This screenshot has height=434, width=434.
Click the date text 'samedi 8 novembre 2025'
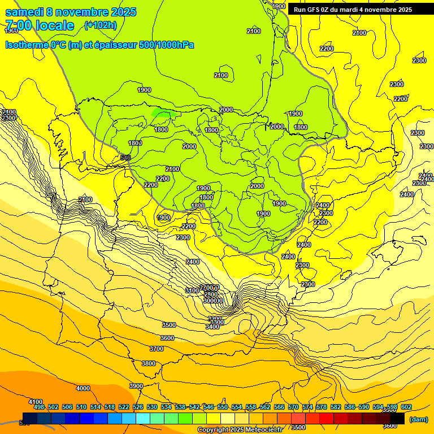(x=71, y=12)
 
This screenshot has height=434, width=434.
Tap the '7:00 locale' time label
(x=40, y=25)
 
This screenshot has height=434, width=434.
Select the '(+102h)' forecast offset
(x=100, y=25)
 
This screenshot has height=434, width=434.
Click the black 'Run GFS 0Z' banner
(x=353, y=10)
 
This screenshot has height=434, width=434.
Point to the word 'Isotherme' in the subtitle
(x=26, y=45)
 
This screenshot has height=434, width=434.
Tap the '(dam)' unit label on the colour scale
(x=418, y=419)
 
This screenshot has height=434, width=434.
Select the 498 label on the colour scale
(x=39, y=407)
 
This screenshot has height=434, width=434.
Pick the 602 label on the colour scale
(x=406, y=407)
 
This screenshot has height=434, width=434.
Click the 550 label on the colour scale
(x=223, y=407)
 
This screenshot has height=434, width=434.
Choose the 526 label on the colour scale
(x=138, y=407)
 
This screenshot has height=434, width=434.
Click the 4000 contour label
(x=83, y=388)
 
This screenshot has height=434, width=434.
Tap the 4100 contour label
(x=36, y=401)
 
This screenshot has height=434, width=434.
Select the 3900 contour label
(x=136, y=386)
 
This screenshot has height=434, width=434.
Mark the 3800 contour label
(x=149, y=363)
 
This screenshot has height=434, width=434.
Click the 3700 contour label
(x=157, y=349)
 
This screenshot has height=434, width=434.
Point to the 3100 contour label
(x=192, y=290)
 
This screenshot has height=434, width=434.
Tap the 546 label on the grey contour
(x=125, y=158)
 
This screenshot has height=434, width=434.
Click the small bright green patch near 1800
(x=163, y=114)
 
